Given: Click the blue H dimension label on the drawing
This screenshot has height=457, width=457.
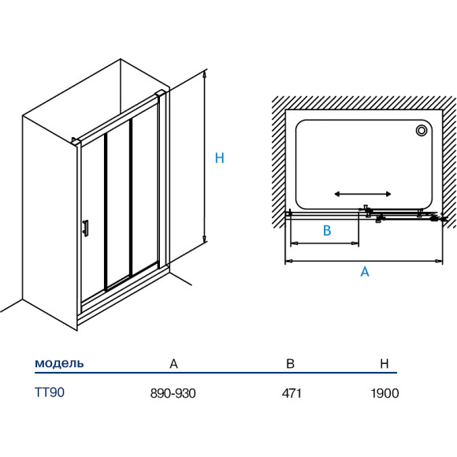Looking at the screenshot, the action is (x=220, y=158).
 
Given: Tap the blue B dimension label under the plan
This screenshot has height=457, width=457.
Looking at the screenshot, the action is (x=327, y=230).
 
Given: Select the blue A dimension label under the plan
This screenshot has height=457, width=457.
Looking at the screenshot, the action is (x=365, y=272).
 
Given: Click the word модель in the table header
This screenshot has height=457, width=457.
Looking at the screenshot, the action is (x=59, y=363).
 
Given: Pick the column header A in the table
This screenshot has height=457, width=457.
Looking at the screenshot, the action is (x=173, y=364).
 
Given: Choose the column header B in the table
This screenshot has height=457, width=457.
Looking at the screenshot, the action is (x=290, y=364).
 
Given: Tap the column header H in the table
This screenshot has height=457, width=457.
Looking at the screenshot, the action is (x=385, y=364).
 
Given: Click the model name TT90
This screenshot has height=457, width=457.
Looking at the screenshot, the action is (x=50, y=392).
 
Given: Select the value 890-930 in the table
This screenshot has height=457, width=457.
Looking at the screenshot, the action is (x=173, y=393).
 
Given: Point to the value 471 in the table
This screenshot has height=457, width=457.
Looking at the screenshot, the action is (x=292, y=393).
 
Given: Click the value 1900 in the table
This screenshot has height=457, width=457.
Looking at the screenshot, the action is (x=385, y=393).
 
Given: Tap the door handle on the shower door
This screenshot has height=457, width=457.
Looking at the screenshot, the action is (x=86, y=228).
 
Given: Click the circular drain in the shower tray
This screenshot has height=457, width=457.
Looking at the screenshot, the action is (x=422, y=130).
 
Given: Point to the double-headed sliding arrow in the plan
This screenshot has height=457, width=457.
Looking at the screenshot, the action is (x=362, y=194).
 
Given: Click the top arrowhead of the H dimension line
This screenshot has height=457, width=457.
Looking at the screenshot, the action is (x=205, y=74).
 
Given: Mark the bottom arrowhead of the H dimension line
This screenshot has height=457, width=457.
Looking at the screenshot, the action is (x=205, y=239).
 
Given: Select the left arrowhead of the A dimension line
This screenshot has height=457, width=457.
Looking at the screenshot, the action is (x=288, y=261).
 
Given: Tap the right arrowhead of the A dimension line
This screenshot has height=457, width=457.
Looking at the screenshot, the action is (x=439, y=261).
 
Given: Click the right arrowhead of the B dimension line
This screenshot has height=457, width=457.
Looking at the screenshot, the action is (x=355, y=243).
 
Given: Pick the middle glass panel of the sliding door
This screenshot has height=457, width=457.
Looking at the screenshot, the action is (x=118, y=204).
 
